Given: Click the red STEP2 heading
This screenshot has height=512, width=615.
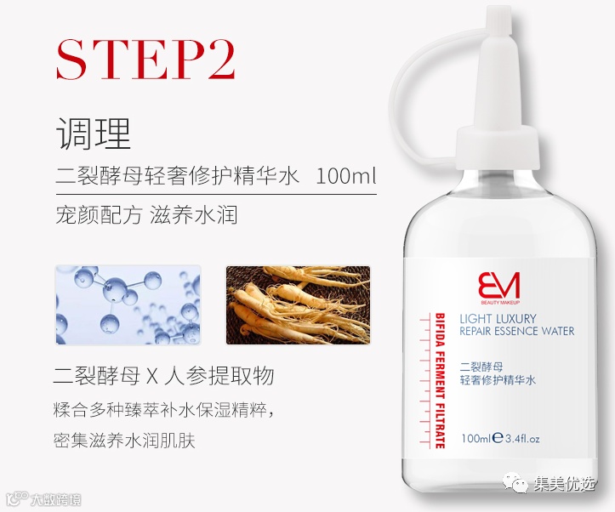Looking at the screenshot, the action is click(x=146, y=60).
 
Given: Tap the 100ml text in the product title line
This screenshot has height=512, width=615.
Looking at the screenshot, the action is click(x=345, y=176).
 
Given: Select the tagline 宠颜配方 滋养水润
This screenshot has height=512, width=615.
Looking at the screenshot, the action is click(x=146, y=215).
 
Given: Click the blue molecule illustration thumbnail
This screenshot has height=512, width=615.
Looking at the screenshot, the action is click(x=128, y=305).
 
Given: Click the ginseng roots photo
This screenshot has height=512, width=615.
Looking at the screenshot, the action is click(x=298, y=305).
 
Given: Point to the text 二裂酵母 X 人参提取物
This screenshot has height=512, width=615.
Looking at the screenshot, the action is click(x=163, y=376).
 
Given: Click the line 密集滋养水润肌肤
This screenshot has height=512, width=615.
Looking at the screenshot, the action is click(x=124, y=440).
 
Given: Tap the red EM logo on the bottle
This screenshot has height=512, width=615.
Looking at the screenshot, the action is click(x=498, y=286).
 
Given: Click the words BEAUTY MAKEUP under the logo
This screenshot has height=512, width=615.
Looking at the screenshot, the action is click(x=499, y=302).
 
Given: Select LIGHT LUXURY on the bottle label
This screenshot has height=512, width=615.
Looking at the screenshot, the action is click(x=498, y=319).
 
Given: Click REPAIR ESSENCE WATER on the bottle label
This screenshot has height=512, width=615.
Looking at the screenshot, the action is click(x=516, y=332).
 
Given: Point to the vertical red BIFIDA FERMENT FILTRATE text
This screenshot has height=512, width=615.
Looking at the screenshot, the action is click(x=440, y=381).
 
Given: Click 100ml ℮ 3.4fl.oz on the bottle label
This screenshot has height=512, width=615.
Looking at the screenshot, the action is click(x=500, y=438).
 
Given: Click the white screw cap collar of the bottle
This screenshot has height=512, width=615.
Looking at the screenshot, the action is click(x=498, y=148).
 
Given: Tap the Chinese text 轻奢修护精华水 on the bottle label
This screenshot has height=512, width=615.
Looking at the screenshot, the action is click(x=498, y=380).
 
